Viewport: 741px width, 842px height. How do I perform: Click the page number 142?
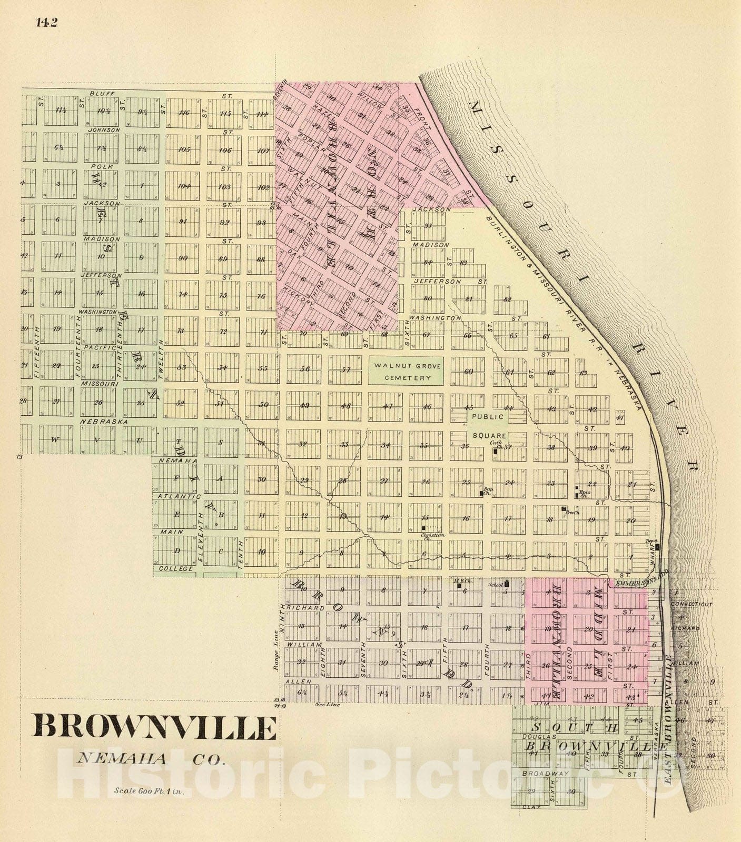click(x=47, y=22)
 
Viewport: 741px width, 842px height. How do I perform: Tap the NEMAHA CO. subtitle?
click(x=152, y=759)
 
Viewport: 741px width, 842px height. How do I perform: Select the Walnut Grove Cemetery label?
click(x=400, y=371)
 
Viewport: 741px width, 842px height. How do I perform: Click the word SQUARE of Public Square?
click(x=489, y=436)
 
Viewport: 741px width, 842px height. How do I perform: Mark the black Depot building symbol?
click(x=657, y=546)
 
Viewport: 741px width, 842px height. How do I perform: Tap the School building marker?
click(x=507, y=583)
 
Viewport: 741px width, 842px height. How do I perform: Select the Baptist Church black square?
click(x=480, y=495)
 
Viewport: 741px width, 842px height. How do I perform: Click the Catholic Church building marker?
click(x=495, y=451)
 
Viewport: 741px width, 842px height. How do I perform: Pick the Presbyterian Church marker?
click(x=563, y=508)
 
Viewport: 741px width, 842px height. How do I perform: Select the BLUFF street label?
click(x=98, y=93)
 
